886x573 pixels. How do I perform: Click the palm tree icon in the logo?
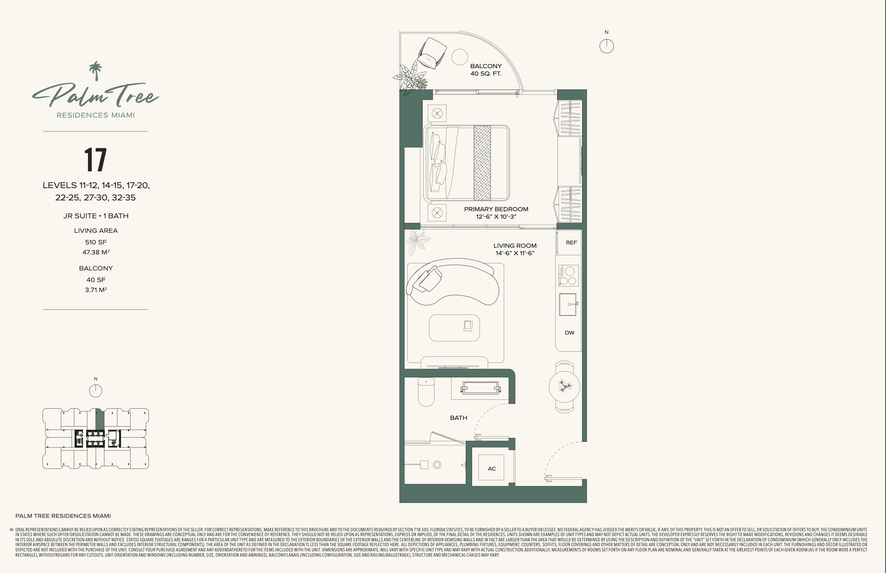[x=96, y=71]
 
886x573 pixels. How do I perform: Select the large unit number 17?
[x=95, y=160]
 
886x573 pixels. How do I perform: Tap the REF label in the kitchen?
[x=571, y=243]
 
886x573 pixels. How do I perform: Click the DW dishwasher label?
[x=569, y=333]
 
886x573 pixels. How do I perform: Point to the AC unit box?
[x=491, y=468]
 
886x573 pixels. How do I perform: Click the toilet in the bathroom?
[x=426, y=392]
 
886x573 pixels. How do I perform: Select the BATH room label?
[x=459, y=418]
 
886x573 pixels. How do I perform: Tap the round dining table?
[x=565, y=387]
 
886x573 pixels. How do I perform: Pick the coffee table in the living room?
[x=454, y=328]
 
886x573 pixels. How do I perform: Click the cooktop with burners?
[x=569, y=275]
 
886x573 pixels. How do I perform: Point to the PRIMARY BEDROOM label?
[x=496, y=209]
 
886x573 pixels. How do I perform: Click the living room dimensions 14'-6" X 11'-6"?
[x=515, y=253]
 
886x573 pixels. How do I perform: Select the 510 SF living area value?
[x=96, y=242]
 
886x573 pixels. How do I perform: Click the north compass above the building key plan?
[x=96, y=391]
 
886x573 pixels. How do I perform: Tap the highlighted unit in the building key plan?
[x=100, y=420]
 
